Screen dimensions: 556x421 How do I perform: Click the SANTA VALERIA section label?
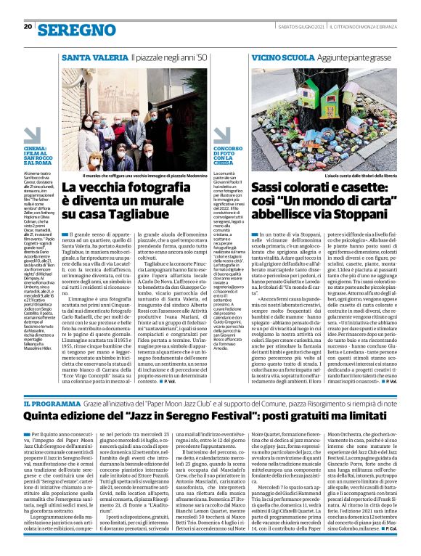[x=91, y=57]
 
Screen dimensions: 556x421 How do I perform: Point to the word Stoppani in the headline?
[x=368, y=216]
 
